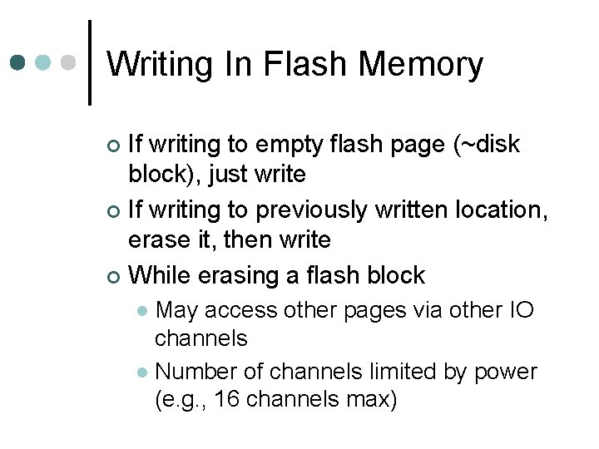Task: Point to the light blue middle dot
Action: [x=44, y=63]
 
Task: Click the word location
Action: [x=497, y=210]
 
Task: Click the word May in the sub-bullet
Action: [x=176, y=310]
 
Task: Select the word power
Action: [x=505, y=371]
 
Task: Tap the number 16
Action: [x=226, y=401]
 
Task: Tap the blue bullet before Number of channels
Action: [x=142, y=372]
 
